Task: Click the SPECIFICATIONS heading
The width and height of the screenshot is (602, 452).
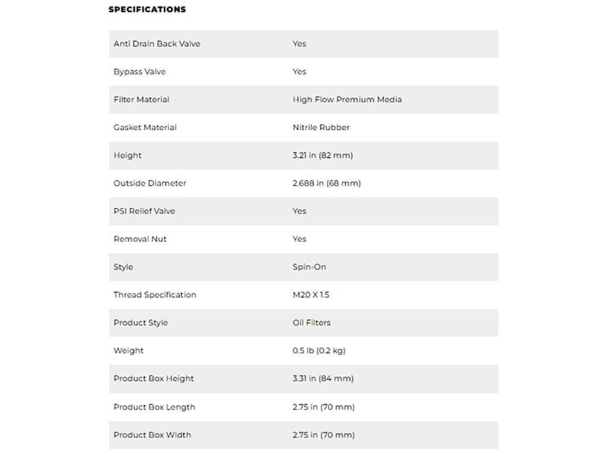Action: pyautogui.click(x=147, y=10)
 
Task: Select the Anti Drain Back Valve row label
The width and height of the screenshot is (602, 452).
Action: pyautogui.click(x=157, y=44)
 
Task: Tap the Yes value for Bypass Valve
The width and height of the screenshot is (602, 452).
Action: pyautogui.click(x=299, y=72)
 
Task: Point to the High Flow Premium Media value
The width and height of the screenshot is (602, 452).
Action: pyautogui.click(x=347, y=99)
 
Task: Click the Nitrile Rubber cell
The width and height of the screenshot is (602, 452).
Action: pyautogui.click(x=321, y=128)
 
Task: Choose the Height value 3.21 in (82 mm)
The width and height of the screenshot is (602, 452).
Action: pyautogui.click(x=323, y=155)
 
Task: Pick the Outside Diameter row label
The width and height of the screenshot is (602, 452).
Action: pyautogui.click(x=150, y=183)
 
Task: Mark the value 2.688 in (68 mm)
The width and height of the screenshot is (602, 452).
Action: pyautogui.click(x=326, y=183)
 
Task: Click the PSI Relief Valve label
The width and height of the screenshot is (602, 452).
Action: pyautogui.click(x=144, y=212)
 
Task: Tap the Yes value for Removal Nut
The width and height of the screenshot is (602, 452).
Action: pyautogui.click(x=299, y=239)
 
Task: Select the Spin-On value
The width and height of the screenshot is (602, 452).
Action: pyautogui.click(x=309, y=267)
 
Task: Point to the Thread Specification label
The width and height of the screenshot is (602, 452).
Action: pyautogui.click(x=155, y=295)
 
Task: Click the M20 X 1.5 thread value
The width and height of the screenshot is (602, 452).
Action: pyautogui.click(x=311, y=295)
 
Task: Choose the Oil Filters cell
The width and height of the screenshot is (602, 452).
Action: pyautogui.click(x=311, y=323)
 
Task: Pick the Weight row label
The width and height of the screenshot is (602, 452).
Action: pyautogui.click(x=128, y=351)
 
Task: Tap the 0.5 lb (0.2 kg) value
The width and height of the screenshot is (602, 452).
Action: pyautogui.click(x=318, y=351)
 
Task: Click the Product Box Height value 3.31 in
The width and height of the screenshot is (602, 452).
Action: pyautogui.click(x=323, y=378)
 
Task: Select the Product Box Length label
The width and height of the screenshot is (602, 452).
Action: pyautogui.click(x=154, y=407)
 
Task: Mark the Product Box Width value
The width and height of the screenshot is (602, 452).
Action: pyautogui.click(x=323, y=435)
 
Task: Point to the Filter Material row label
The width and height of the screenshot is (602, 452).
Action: pyautogui.click(x=141, y=99)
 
